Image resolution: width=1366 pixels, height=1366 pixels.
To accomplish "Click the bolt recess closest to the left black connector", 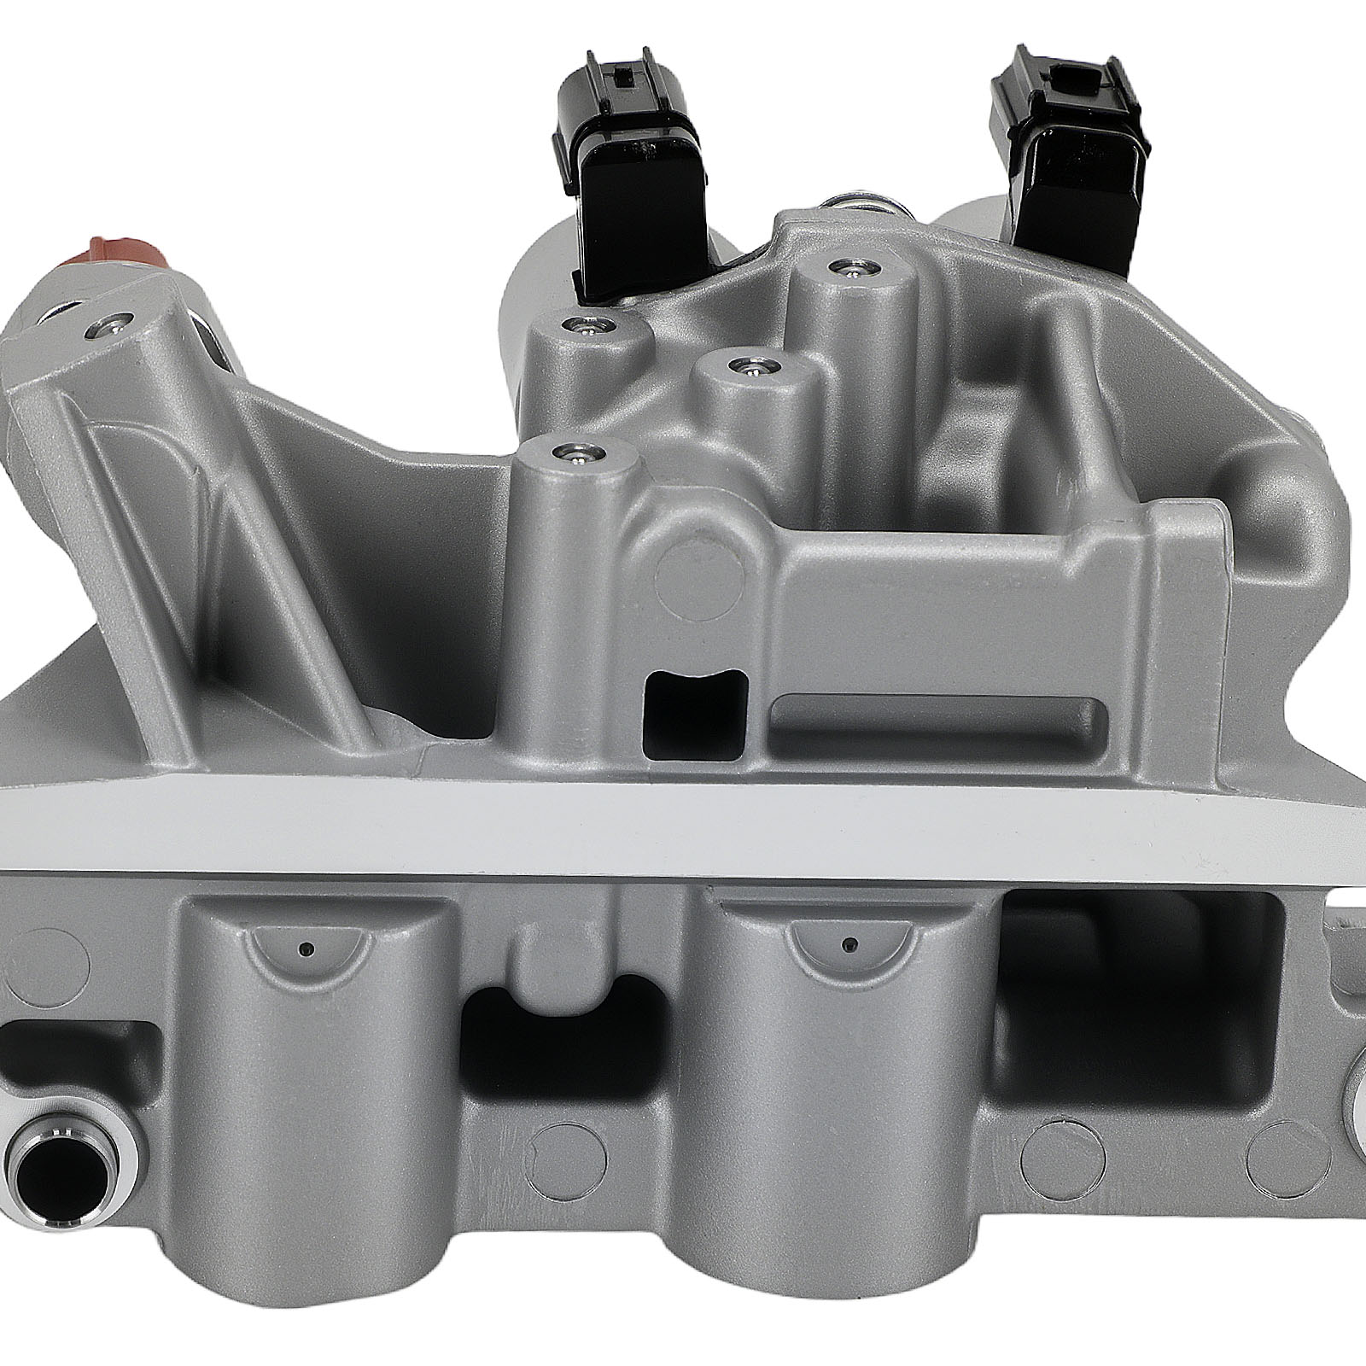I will (586, 326).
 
